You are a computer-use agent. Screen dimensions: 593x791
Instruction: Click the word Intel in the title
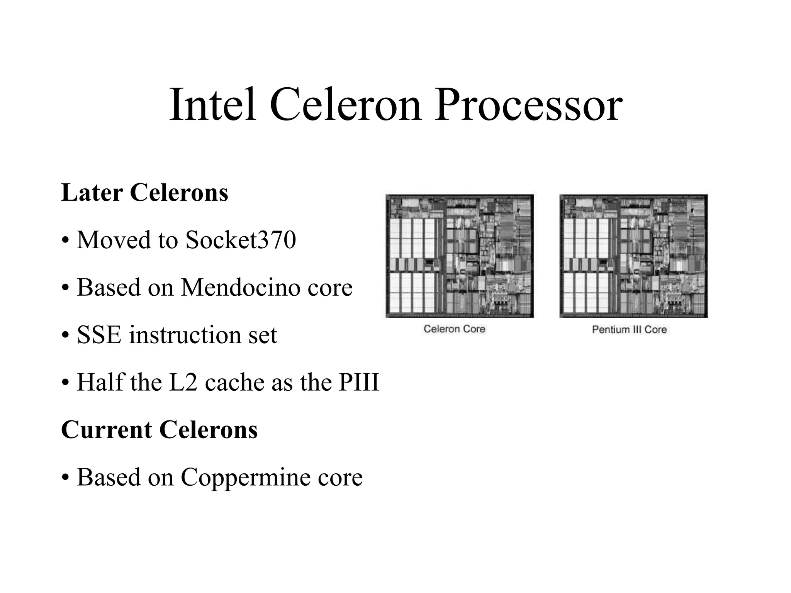click(213, 105)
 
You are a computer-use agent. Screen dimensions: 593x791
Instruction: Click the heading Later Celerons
click(145, 193)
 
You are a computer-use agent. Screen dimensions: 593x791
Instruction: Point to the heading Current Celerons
click(160, 430)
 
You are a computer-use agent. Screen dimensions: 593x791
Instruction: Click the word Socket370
click(241, 240)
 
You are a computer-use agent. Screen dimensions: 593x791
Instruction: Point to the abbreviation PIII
click(359, 382)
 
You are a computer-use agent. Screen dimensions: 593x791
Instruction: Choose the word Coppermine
click(246, 478)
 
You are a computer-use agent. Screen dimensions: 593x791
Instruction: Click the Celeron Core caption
click(454, 329)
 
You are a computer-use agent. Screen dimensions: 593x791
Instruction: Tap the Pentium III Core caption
click(629, 329)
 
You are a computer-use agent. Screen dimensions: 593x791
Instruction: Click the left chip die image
click(460, 256)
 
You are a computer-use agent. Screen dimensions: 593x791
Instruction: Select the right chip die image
click(633, 256)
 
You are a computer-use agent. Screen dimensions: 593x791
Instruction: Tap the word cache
click(235, 383)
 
